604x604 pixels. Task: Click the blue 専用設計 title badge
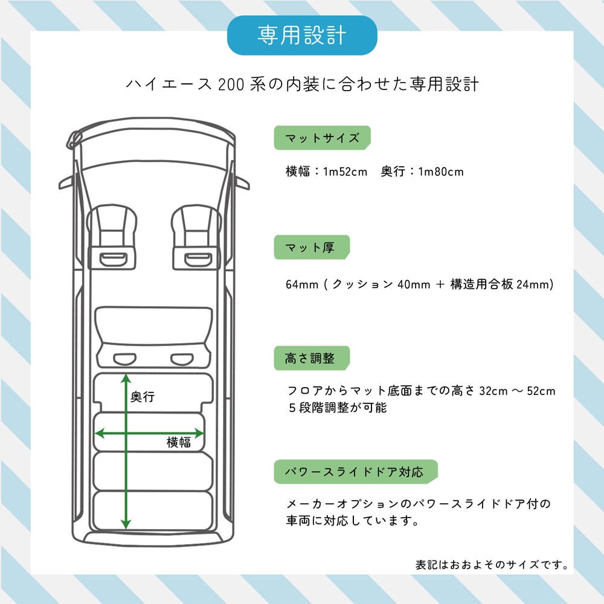(302, 36)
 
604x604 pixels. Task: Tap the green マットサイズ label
(322, 138)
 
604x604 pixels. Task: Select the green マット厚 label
(312, 247)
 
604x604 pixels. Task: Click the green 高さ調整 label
(312, 358)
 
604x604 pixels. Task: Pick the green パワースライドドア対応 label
(356, 472)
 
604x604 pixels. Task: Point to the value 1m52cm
(345, 172)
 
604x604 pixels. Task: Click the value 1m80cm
(441, 172)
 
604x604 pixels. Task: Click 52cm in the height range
(541, 391)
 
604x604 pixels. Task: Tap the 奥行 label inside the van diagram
(143, 396)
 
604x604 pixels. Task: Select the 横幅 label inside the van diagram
(179, 442)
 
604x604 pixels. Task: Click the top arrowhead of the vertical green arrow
(126, 378)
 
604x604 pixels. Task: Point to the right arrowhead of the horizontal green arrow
(199, 433)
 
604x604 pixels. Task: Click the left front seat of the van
(112, 237)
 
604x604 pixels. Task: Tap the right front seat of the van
(196, 237)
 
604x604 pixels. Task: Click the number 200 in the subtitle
(231, 85)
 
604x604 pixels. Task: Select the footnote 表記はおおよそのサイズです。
(492, 565)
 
